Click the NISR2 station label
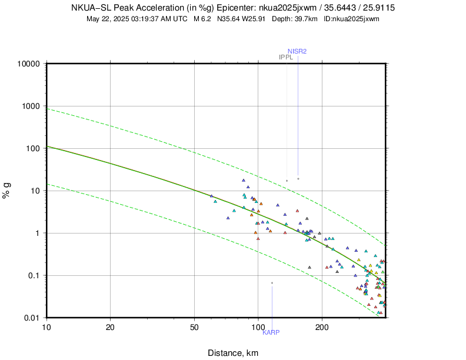click(297, 51)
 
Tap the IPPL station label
click(286, 57)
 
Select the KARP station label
click(271, 332)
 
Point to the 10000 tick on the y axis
click(28, 64)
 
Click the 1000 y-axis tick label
click(30, 106)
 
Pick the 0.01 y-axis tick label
click(32, 318)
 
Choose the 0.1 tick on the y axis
click(34, 275)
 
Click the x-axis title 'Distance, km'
click(233, 353)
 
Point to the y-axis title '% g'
click(7, 191)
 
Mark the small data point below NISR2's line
click(298, 178)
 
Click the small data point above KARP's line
click(272, 283)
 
